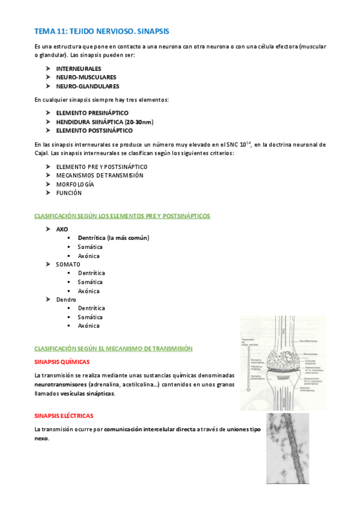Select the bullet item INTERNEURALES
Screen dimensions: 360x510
coord(79,69)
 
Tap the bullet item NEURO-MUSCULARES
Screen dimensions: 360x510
coord(86,77)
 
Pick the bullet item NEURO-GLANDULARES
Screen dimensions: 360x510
coord(87,86)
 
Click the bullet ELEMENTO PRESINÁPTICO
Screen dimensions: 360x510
coord(92,112)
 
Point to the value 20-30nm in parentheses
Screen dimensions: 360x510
coord(138,121)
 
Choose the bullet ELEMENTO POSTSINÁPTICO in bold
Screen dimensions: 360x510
coord(94,130)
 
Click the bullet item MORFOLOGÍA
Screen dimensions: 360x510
coord(75,184)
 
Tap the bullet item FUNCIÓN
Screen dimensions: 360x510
coord(69,192)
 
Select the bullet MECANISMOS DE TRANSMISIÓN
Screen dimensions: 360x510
coord(100,175)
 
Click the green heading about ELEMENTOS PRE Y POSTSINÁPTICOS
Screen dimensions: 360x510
coord(122,215)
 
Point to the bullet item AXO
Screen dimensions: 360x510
coord(62,229)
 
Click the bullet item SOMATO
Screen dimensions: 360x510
coord(68,264)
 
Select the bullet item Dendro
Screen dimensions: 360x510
coord(66,299)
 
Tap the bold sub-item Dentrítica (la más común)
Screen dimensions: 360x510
coord(113,238)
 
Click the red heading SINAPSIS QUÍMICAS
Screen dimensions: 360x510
coord(62,362)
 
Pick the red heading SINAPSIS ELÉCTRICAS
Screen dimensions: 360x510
coord(64,416)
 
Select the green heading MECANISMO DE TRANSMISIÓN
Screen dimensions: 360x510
coord(113,348)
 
